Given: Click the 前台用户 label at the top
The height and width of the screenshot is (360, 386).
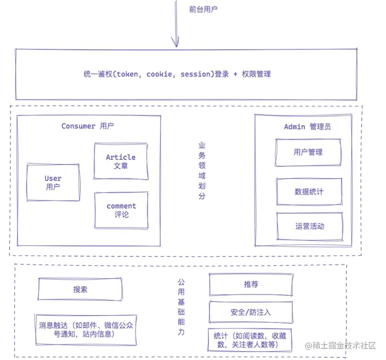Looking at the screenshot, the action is point(203,9).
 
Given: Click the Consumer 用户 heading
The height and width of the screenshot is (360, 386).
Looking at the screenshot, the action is point(87,126).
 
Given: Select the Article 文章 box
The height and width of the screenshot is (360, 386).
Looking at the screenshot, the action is point(121,161).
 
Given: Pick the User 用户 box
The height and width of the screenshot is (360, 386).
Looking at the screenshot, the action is point(53,182).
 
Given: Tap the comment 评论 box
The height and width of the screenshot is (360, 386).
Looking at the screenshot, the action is point(121,210).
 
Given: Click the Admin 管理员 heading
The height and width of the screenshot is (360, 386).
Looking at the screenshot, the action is point(307,127).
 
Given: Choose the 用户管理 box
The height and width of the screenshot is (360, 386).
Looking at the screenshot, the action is point(308,152).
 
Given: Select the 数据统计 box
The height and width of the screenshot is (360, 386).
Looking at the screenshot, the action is point(309,192).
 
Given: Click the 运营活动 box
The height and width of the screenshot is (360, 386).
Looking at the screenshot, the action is point(310,226).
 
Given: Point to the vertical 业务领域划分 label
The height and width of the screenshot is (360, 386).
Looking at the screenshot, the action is point(202,170).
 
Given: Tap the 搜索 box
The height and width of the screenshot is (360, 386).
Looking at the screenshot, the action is point(80,289).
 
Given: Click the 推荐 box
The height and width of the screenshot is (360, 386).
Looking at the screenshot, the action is point(251,285).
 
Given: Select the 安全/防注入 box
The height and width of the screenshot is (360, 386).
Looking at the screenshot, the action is point(251,312).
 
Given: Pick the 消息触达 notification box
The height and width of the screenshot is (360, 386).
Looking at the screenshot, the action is point(86,329).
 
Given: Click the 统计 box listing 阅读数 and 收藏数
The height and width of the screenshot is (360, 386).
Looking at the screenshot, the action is point(251,340).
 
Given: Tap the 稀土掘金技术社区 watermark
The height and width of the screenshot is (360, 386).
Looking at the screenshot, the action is point(340,345).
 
